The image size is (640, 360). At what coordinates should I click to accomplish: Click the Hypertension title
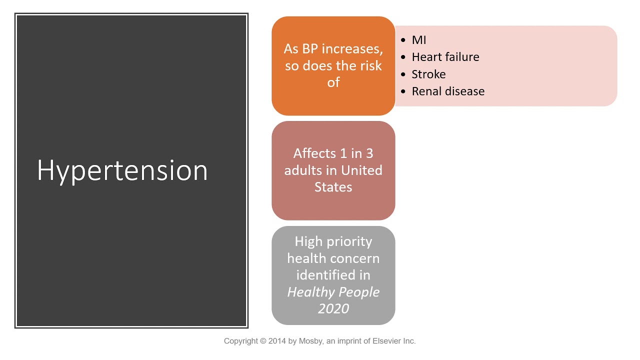click(x=122, y=170)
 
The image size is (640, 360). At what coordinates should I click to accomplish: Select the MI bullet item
click(x=418, y=40)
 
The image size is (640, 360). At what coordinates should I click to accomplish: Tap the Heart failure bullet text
click(x=445, y=57)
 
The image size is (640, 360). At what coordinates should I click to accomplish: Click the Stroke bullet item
click(x=428, y=74)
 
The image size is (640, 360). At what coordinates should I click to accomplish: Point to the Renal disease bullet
click(x=447, y=91)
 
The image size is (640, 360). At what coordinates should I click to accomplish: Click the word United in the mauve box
click(x=361, y=170)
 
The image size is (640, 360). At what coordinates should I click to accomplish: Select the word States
click(x=333, y=187)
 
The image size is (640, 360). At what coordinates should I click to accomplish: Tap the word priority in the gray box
click(x=348, y=241)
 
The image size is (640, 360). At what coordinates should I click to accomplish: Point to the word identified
click(x=333, y=275)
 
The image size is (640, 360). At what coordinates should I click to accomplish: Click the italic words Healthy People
click(x=333, y=292)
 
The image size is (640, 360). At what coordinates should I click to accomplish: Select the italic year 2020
click(x=333, y=308)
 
